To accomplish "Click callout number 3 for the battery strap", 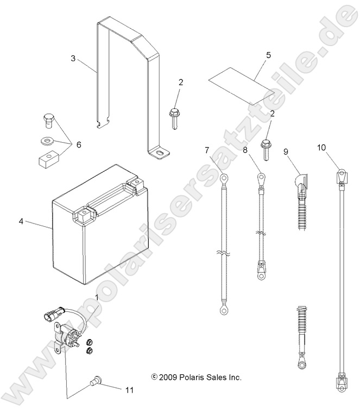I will coord(73,57).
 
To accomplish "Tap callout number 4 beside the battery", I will coord(21,221).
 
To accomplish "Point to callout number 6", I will coord(78,145).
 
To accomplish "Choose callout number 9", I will coord(285,152).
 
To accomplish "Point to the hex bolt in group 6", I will coord(48,119).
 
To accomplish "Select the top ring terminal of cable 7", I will coord(224,177).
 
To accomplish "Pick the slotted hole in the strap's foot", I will coord(160,154).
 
